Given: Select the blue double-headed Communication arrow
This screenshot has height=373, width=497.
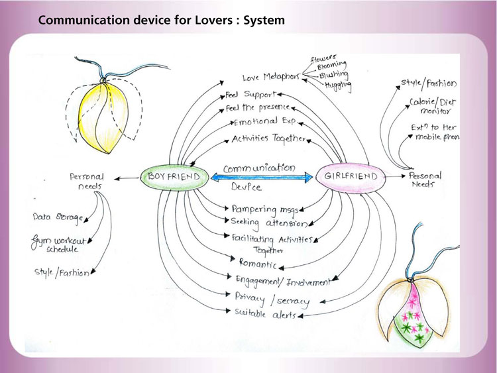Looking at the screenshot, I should [x=261, y=177].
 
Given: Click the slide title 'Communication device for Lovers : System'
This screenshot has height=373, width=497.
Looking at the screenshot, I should [x=162, y=21].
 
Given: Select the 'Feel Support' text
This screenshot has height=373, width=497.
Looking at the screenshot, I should [x=250, y=95].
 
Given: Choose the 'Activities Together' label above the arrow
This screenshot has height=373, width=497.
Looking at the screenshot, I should [x=268, y=140].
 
